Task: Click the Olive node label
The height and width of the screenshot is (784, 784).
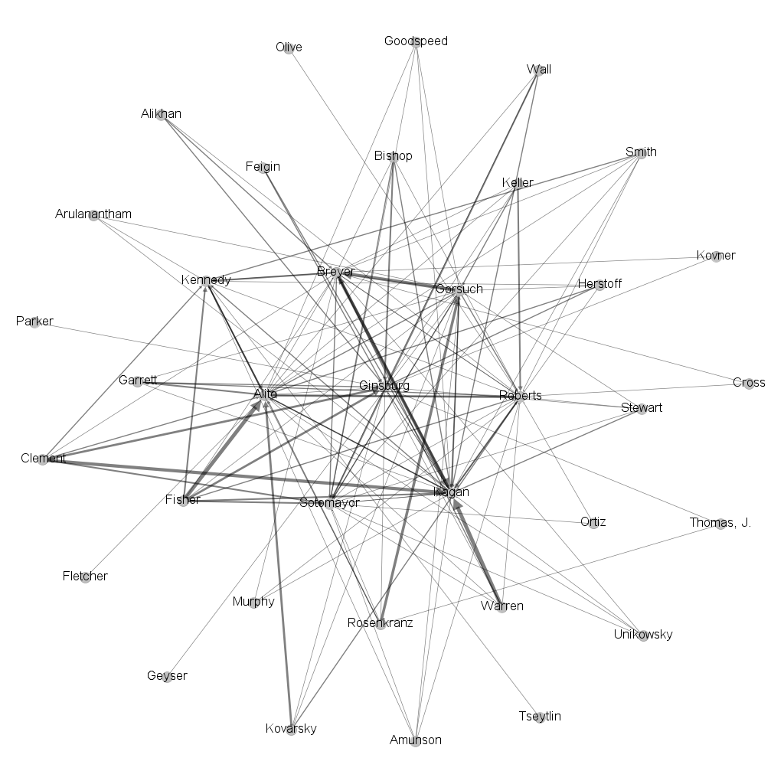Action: (289, 47)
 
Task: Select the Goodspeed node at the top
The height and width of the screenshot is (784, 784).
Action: (416, 41)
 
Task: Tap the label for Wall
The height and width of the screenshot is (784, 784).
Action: (539, 70)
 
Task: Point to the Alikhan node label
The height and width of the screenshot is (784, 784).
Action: (161, 114)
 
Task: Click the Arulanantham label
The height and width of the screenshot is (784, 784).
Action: (93, 214)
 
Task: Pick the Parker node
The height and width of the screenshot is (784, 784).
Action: (34, 322)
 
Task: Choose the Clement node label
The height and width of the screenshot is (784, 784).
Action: (43, 459)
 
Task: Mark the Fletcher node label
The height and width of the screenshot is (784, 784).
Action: (85, 576)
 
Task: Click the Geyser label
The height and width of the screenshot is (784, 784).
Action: (167, 676)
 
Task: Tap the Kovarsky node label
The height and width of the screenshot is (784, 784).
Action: (290, 728)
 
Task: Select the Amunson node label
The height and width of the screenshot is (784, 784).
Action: (415, 740)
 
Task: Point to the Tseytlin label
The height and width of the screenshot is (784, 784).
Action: (540, 717)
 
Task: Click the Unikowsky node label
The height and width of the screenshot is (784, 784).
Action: (643, 634)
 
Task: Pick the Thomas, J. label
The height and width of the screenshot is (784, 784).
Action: (720, 523)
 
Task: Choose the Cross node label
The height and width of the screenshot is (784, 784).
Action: (748, 383)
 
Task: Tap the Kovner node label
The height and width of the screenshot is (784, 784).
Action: (716, 256)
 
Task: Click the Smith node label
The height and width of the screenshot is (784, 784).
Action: (641, 152)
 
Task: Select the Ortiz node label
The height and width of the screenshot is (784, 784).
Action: (593, 522)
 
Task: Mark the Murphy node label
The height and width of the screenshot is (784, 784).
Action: (253, 602)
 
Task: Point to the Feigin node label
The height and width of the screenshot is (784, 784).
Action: (263, 166)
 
